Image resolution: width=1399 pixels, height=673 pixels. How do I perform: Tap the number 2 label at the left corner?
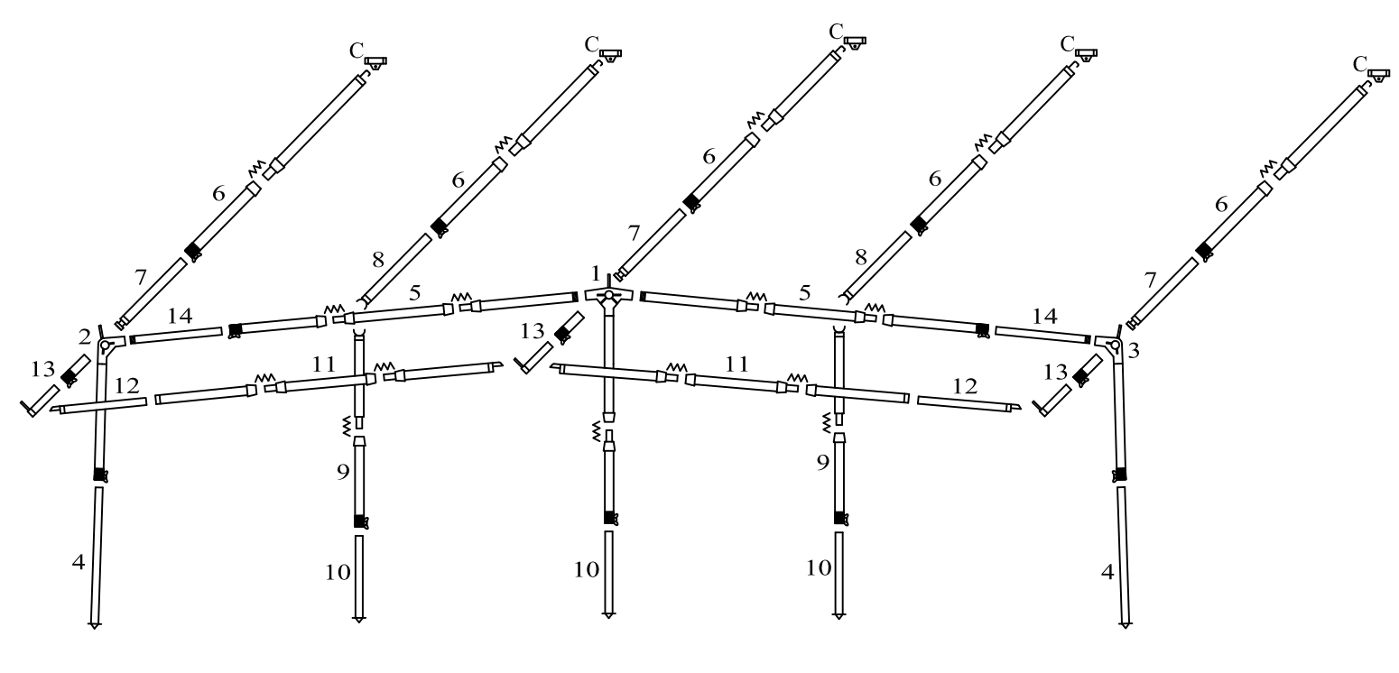click(x=86, y=336)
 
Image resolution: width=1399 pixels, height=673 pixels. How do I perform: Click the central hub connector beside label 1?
click(x=609, y=296)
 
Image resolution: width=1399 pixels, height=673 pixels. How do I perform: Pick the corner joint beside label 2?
click(x=107, y=346)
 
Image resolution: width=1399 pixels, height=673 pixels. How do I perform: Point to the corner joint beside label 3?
click(x=1115, y=345)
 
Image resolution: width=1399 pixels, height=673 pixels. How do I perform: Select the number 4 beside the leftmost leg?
click(x=79, y=561)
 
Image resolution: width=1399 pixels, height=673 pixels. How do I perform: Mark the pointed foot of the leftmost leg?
click(x=94, y=623)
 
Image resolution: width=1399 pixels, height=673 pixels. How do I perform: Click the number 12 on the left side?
click(x=126, y=385)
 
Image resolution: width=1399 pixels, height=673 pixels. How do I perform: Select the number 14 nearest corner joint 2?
click(x=180, y=317)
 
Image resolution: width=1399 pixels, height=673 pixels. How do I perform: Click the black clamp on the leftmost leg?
click(x=100, y=475)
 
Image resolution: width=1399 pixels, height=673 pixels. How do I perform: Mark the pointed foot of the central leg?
click(x=609, y=615)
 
